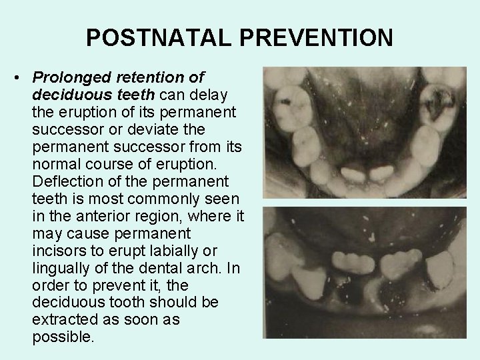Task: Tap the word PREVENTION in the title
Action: coord(316,38)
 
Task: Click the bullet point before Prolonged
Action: coord(15,79)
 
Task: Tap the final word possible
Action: coord(63,337)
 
